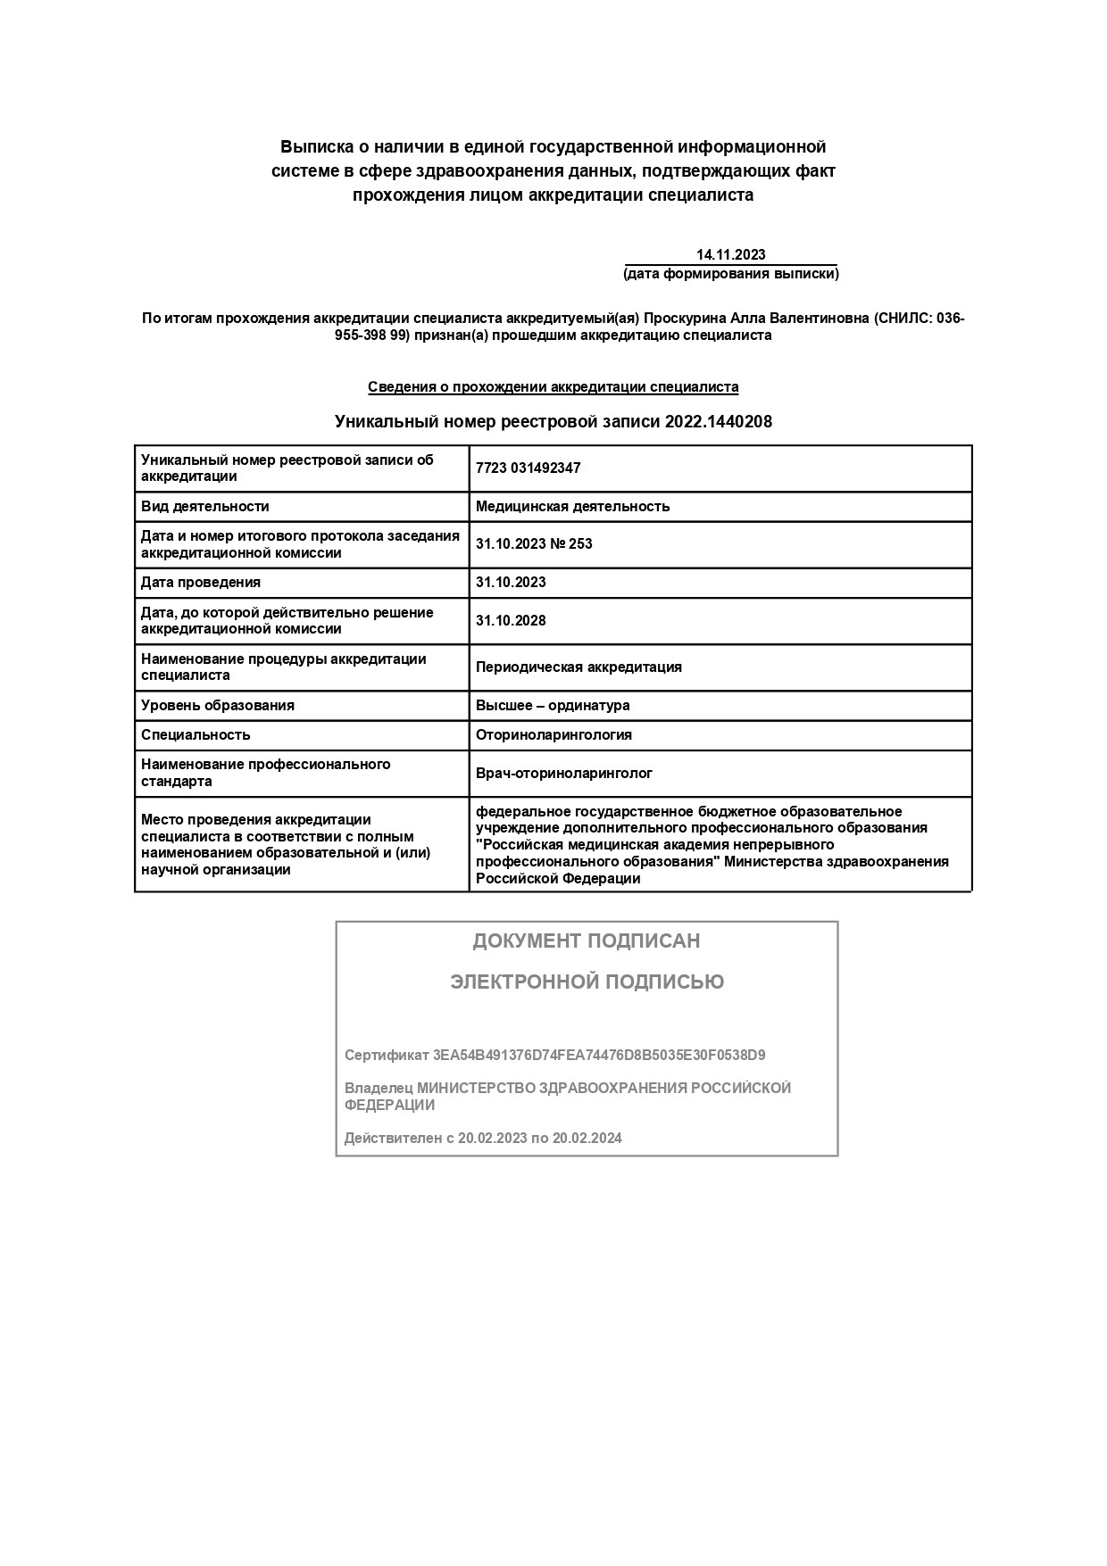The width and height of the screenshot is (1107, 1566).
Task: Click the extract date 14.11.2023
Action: tap(730, 254)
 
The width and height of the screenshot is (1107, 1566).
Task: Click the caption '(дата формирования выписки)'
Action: tap(730, 274)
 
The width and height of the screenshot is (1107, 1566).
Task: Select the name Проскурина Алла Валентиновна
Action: tap(755, 319)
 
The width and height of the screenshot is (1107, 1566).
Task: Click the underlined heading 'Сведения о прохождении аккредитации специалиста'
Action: tap(553, 387)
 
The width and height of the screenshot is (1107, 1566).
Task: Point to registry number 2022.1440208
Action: tap(718, 422)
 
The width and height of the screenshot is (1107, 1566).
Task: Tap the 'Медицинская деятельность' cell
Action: tap(572, 507)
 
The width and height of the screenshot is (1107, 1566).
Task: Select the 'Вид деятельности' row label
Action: tap(205, 507)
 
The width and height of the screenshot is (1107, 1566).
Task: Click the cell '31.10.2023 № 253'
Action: tap(534, 544)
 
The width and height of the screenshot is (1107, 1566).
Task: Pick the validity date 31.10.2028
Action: tap(511, 621)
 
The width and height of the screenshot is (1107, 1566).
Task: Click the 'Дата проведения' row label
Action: tap(201, 583)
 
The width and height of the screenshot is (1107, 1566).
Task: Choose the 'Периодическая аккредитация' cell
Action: tap(578, 667)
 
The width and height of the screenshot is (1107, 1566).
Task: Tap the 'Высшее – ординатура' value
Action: tap(553, 706)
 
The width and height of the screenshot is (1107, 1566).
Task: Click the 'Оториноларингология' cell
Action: tap(553, 735)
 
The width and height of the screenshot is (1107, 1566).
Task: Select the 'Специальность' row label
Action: tap(196, 735)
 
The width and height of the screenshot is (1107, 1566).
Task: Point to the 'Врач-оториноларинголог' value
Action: tap(564, 774)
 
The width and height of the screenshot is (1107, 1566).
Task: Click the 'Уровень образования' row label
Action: tap(218, 706)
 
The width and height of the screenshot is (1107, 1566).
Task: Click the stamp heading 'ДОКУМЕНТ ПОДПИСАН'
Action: tap(586, 941)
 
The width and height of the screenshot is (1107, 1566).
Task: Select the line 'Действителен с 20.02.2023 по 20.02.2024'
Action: tap(483, 1139)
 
